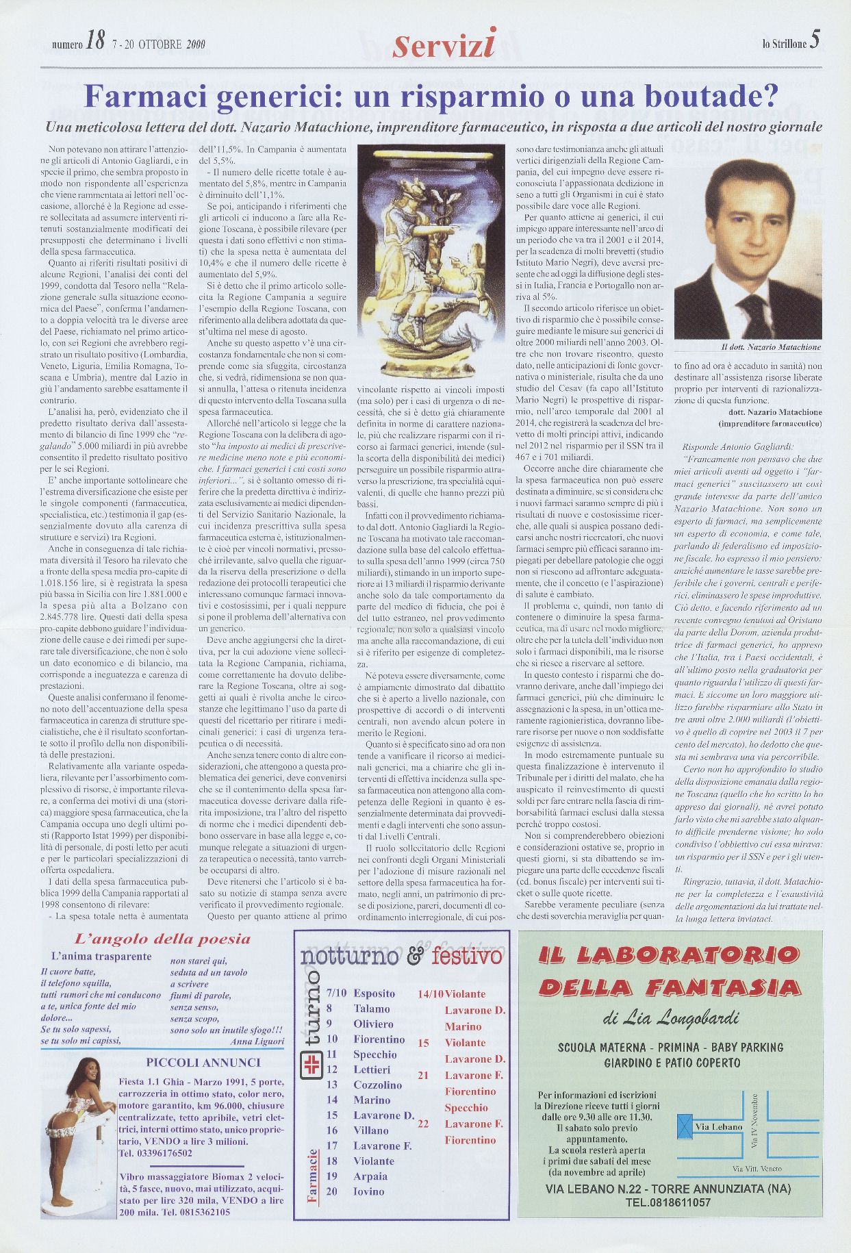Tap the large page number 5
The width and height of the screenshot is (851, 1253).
click(813, 41)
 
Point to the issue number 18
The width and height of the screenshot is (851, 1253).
click(95, 44)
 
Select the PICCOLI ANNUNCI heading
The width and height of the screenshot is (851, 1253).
click(204, 1063)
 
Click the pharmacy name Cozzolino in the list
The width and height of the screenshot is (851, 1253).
click(377, 1085)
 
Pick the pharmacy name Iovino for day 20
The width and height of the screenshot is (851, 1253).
click(369, 1191)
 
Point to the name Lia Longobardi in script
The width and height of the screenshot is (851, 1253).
click(682, 1020)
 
